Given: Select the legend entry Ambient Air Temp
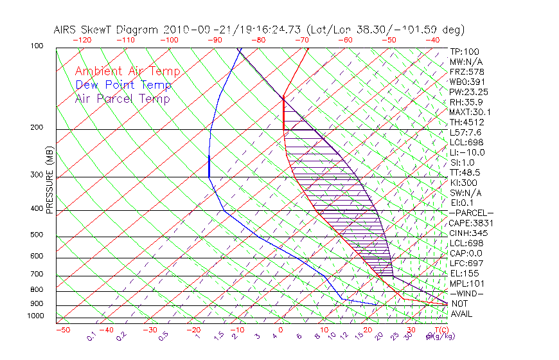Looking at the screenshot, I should (x=127, y=71).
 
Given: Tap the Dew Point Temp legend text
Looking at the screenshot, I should (x=123, y=85).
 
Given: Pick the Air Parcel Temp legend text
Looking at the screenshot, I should (x=122, y=98).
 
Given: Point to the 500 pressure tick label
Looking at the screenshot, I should (x=37, y=235).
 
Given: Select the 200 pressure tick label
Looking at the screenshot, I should (x=37, y=127).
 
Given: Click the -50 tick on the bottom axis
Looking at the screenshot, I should (x=62, y=330).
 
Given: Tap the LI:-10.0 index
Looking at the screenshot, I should (x=467, y=152).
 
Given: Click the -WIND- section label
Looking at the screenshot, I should (x=466, y=293).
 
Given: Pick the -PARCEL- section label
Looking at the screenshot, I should (x=471, y=213).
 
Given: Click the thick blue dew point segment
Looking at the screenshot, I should (x=209, y=166).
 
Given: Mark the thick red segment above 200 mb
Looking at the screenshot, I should (x=283, y=113).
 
